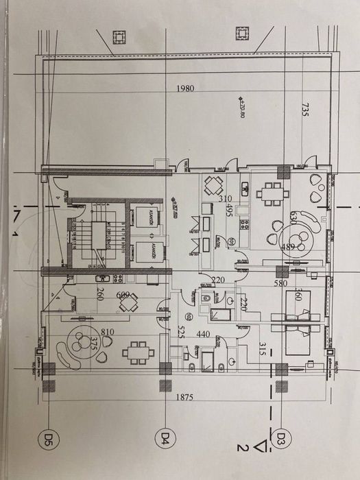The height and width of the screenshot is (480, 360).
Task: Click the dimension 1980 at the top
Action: click(x=186, y=89)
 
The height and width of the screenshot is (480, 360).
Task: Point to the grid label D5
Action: click(x=49, y=436)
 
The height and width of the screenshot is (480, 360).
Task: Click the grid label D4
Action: click(x=165, y=436)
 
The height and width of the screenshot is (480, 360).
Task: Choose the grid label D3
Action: click(x=280, y=436)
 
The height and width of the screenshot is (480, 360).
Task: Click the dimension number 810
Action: click(x=107, y=332)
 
